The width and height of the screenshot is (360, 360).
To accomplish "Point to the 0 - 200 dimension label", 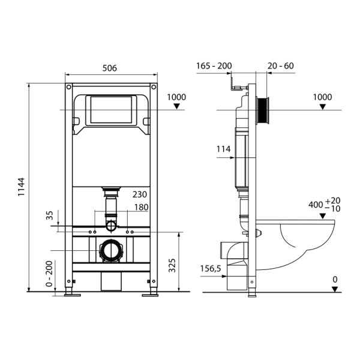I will [49, 274].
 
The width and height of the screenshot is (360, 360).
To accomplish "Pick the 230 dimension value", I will [140, 194].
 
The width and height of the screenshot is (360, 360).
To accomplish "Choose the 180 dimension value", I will [140, 208].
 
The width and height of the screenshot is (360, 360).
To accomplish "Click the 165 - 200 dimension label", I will [214, 66].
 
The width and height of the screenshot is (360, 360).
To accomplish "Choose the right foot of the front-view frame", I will [150, 294].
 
